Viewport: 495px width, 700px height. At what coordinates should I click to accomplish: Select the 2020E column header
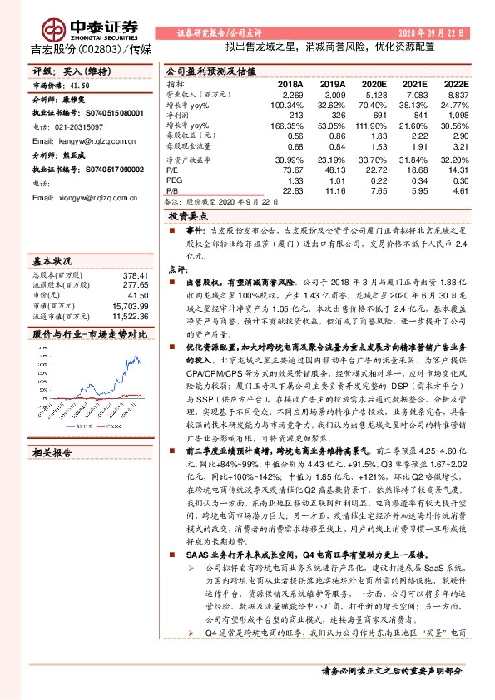pyautogui.click(x=374, y=85)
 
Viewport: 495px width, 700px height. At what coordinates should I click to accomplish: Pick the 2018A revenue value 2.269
pyautogui.click(x=291, y=94)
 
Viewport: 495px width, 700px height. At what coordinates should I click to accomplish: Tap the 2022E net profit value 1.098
pyautogui.click(x=456, y=115)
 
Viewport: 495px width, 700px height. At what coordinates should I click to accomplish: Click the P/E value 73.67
pyautogui.click(x=291, y=169)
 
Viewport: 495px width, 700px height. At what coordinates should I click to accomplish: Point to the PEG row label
pyautogui.click(x=173, y=180)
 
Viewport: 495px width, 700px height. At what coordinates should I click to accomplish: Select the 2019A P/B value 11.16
pyautogui.click(x=333, y=190)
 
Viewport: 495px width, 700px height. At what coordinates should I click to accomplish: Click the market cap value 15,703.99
pyautogui.click(x=131, y=305)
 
